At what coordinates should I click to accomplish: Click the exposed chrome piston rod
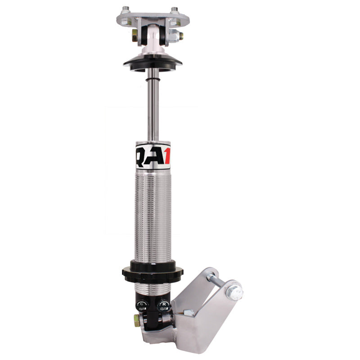point(154,103)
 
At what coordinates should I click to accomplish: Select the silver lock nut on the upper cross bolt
point(179,36)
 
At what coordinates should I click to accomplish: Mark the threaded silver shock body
point(153,216)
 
